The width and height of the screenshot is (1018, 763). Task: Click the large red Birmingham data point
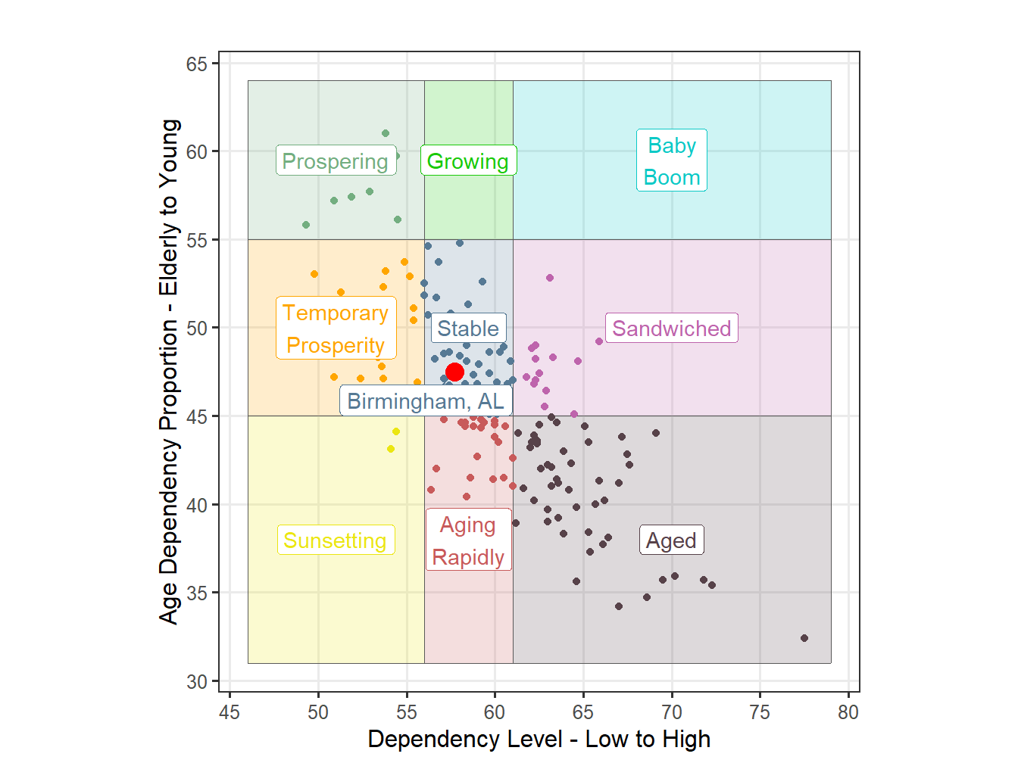click(454, 372)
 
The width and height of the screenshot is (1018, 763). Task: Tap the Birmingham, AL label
click(426, 400)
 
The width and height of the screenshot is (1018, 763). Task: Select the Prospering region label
click(336, 161)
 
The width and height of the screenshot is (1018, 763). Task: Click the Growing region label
click(468, 161)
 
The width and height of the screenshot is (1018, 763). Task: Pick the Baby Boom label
click(672, 160)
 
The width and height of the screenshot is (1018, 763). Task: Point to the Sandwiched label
click(671, 329)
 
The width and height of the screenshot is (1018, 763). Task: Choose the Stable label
click(468, 329)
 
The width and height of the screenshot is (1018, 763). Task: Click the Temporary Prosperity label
click(336, 329)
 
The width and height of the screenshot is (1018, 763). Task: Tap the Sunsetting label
click(336, 540)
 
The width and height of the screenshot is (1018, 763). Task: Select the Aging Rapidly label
click(468, 540)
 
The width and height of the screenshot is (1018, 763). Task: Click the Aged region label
click(671, 540)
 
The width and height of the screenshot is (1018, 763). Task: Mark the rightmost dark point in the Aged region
click(804, 638)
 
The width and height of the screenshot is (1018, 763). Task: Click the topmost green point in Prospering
click(386, 133)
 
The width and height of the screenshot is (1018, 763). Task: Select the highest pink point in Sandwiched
click(550, 278)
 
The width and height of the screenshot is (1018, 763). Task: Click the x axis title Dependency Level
click(539, 740)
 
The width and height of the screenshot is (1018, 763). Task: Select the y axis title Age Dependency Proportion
click(169, 371)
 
